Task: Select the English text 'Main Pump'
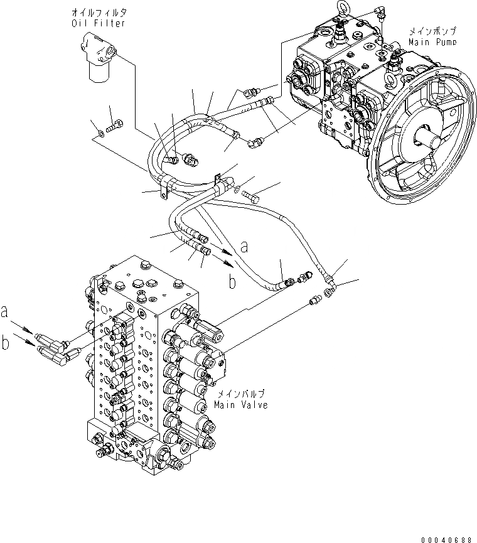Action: tap(432, 42)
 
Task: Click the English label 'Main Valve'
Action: tap(240, 405)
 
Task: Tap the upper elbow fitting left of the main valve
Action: tap(50, 339)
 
